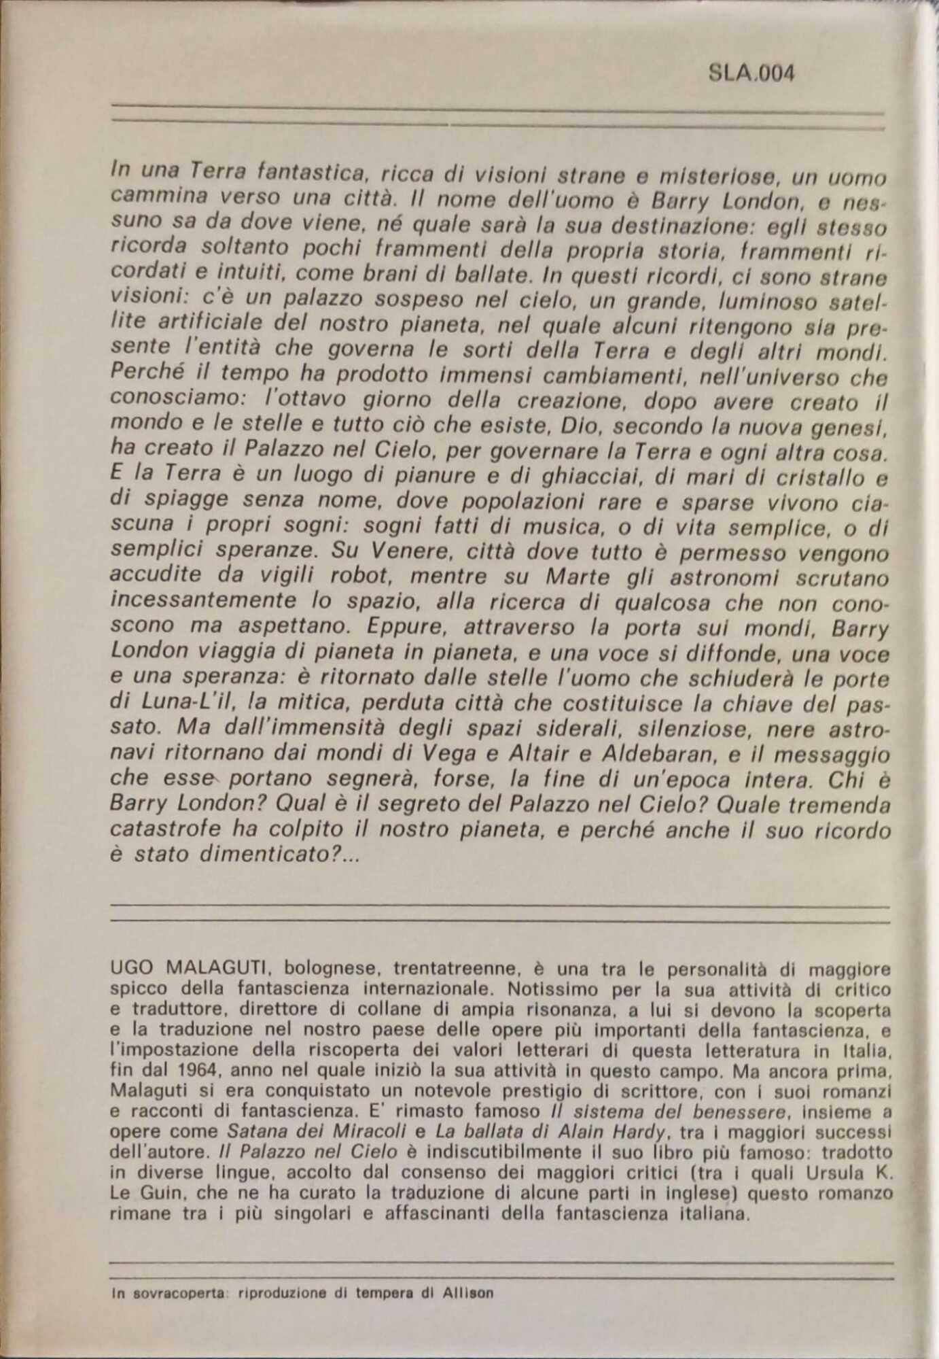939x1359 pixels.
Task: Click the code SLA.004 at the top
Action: click(x=751, y=73)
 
